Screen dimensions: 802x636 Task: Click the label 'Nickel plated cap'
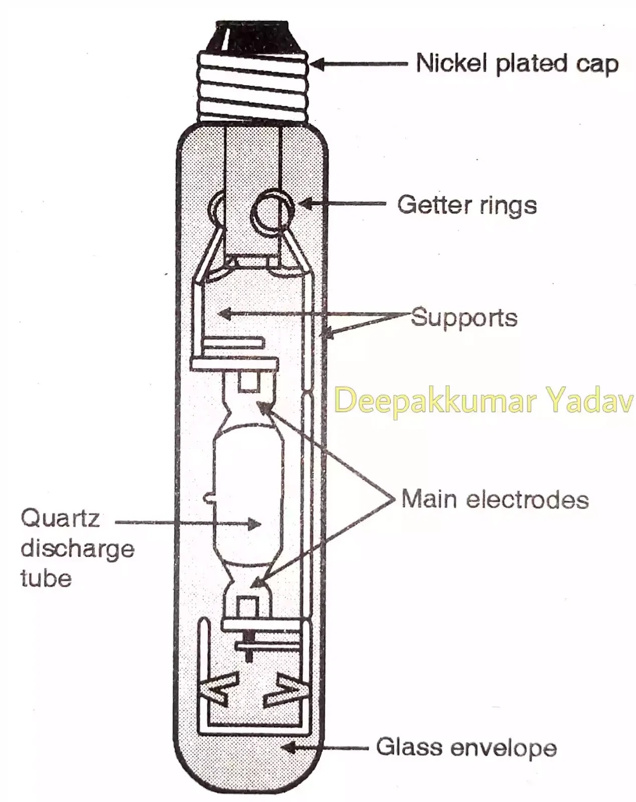tap(517, 64)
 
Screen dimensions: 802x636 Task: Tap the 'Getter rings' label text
tap(467, 205)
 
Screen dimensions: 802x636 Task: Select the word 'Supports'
tap(464, 318)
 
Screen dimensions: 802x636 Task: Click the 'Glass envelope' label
tap(466, 748)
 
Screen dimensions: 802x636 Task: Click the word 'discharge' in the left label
tap(78, 549)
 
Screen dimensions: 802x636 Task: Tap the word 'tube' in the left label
tap(46, 579)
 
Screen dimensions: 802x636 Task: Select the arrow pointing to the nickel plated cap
tap(359, 64)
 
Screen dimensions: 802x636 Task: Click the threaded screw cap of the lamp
tap(253, 85)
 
